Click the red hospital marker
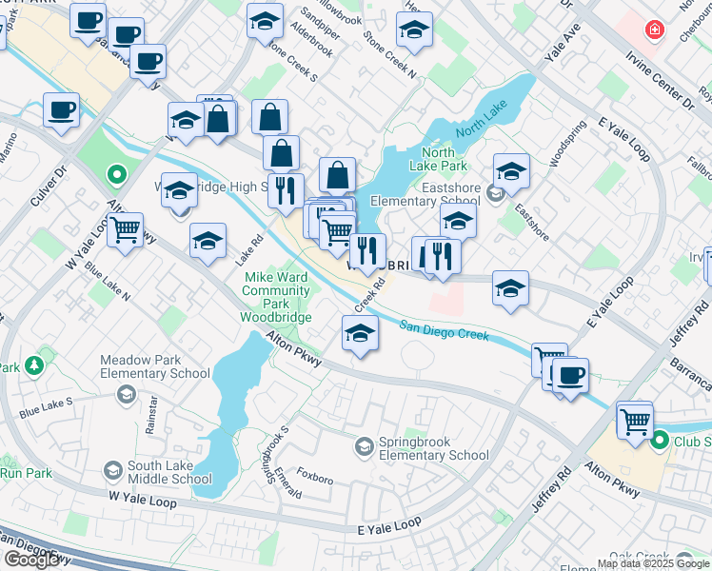(655, 30)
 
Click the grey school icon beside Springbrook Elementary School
(365, 445)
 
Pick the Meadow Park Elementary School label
(156, 367)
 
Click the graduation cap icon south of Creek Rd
(360, 333)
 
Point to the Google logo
(32, 560)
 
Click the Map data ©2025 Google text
(652, 563)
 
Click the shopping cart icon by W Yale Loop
(125, 229)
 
